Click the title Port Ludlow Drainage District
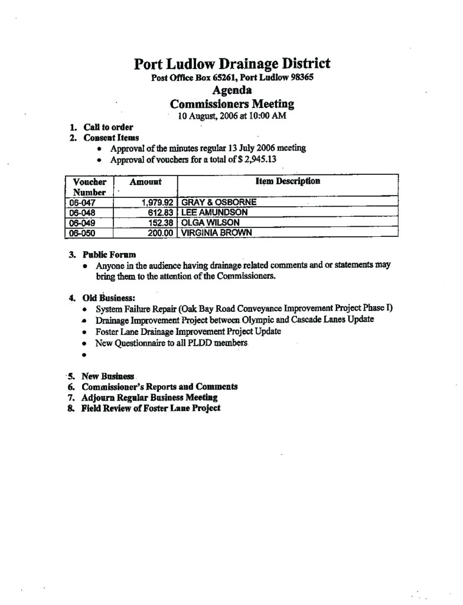231,64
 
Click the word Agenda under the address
231,90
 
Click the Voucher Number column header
89,187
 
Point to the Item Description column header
288,181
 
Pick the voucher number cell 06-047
83,202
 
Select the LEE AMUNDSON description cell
214,212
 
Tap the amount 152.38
160,223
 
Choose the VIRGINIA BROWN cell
216,233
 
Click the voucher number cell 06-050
83,233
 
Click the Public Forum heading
109,255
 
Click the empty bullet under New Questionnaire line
85,356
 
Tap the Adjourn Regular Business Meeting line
149,398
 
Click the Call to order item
108,127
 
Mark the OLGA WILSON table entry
210,223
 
